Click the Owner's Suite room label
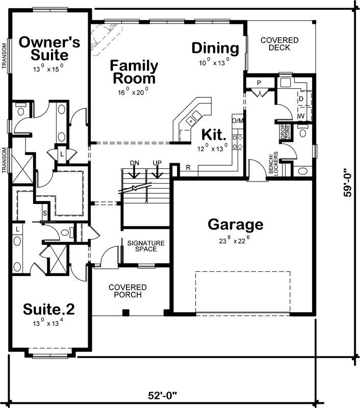coord(49,47)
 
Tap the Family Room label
coord(134,72)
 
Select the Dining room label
coord(215,48)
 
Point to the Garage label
coord(236,224)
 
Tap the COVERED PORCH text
coord(127,291)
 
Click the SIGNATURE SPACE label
coord(146,246)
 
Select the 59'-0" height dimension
coord(348,183)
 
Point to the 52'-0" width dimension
coord(164,395)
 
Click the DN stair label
coord(135,163)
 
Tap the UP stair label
coord(157,163)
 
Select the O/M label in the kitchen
coord(237,121)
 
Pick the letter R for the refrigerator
coord(188,167)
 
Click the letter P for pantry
coord(259,83)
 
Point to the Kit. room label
coord(213,135)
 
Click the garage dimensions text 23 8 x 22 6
coord(236,237)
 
